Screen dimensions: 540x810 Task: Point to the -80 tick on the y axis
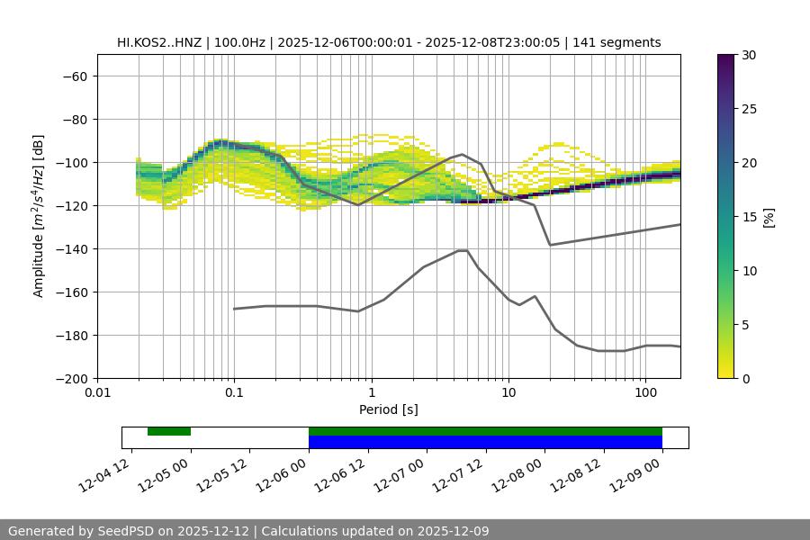(x=73, y=120)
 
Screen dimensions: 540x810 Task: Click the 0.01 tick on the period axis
(x=97, y=392)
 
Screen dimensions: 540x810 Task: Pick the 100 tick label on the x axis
(x=645, y=392)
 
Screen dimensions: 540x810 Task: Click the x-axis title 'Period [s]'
(x=388, y=409)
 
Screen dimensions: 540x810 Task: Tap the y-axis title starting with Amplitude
(x=39, y=216)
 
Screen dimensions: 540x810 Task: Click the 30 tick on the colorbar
(x=749, y=55)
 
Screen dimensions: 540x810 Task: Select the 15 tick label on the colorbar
(x=749, y=217)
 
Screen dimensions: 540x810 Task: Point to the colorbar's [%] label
(x=769, y=217)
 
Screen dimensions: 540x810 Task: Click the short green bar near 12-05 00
(x=169, y=432)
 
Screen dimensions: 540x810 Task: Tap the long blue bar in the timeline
(x=485, y=442)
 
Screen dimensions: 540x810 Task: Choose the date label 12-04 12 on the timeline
(x=105, y=473)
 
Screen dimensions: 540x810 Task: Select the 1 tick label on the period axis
(x=371, y=392)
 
